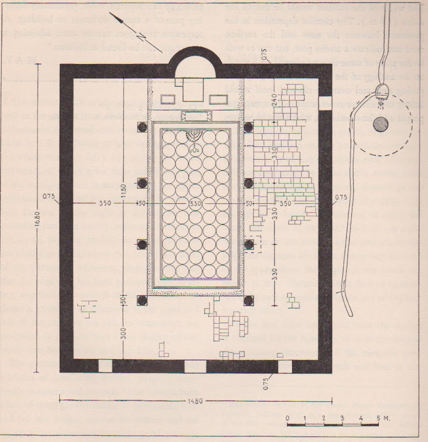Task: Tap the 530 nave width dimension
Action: [195, 203]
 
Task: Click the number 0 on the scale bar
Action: [288, 418]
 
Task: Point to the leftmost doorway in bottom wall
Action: [104, 366]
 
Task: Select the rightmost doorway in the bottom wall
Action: [284, 366]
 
